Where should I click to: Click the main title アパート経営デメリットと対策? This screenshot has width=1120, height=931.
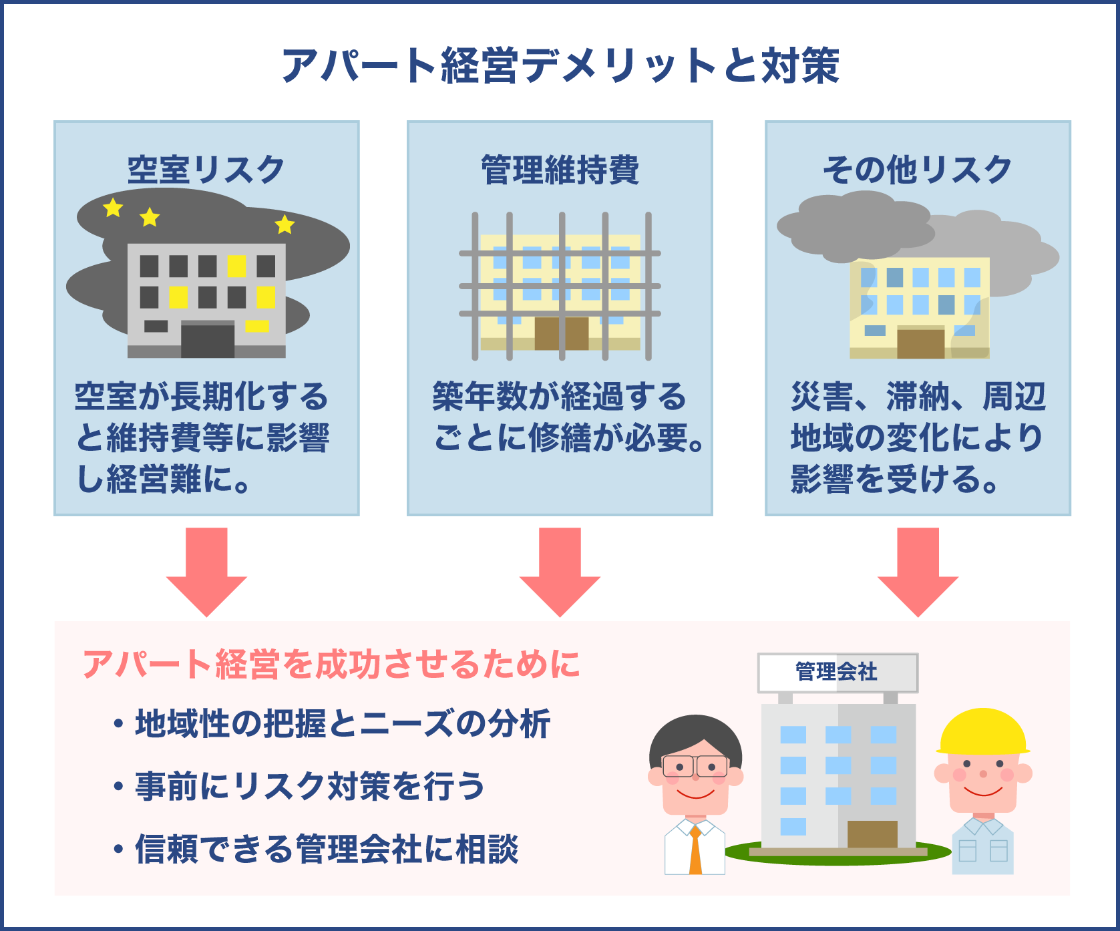(x=560, y=65)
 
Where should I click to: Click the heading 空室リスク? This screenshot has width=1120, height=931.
(x=206, y=170)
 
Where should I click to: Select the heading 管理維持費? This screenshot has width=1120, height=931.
(x=560, y=170)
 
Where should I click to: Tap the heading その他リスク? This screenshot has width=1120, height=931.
(x=917, y=170)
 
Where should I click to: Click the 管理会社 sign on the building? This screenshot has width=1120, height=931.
(x=837, y=672)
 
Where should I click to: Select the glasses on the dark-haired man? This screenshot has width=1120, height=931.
(x=695, y=766)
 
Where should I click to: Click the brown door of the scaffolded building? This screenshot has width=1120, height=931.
(x=561, y=333)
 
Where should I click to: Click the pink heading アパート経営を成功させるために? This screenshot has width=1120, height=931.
(x=331, y=665)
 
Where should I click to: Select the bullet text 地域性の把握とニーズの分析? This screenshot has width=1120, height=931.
(x=343, y=724)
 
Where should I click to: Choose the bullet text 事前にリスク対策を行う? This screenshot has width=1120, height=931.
(x=310, y=786)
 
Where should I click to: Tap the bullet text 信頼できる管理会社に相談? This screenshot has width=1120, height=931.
(x=327, y=850)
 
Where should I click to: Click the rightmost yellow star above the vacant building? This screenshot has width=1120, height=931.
(x=285, y=224)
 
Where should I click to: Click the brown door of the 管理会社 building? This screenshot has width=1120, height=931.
(x=872, y=834)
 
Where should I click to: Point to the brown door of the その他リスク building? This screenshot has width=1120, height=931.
(x=920, y=342)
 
